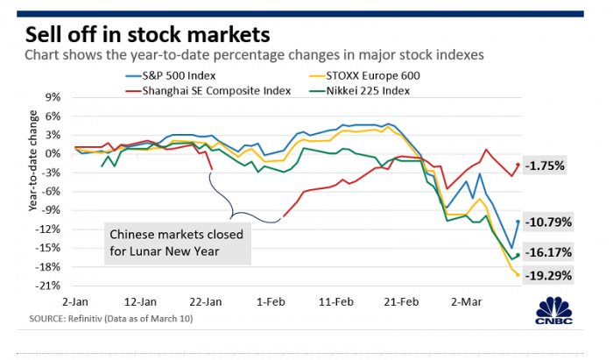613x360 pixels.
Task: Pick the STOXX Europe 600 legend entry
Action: pos(370,74)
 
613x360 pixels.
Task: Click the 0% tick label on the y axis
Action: pos(53,153)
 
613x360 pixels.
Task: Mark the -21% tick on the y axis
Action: pos(49,286)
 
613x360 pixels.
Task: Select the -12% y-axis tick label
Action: pos(49,229)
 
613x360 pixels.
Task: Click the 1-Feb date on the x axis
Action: pos(269,300)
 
